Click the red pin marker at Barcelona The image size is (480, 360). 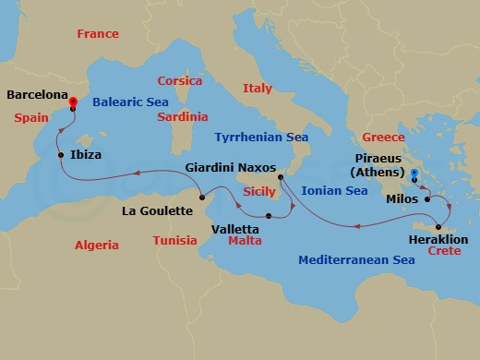pyautogui.click(x=73, y=102)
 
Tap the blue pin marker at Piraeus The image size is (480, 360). pyautogui.click(x=414, y=174)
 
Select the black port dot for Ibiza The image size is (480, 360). pyautogui.click(x=61, y=155)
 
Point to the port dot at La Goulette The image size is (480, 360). pyautogui.click(x=201, y=198)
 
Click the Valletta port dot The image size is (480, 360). pyautogui.click(x=268, y=216)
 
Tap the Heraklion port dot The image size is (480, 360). pyautogui.click(x=439, y=227)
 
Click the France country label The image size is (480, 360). pyautogui.click(x=98, y=34)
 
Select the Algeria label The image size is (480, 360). pyautogui.click(x=96, y=246)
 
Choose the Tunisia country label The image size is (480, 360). pyautogui.click(x=174, y=241)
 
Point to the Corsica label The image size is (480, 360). pyautogui.click(x=179, y=81)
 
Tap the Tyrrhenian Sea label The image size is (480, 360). pyautogui.click(x=261, y=138)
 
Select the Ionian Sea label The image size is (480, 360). pyautogui.click(x=336, y=191)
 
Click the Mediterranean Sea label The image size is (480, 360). pyautogui.click(x=357, y=260)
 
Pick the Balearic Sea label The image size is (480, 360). pyautogui.click(x=130, y=102)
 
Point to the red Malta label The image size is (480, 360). pyautogui.click(x=245, y=240)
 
